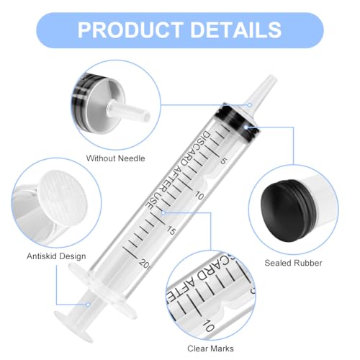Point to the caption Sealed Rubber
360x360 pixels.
[292, 264]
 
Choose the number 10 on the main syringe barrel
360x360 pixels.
[200, 195]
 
